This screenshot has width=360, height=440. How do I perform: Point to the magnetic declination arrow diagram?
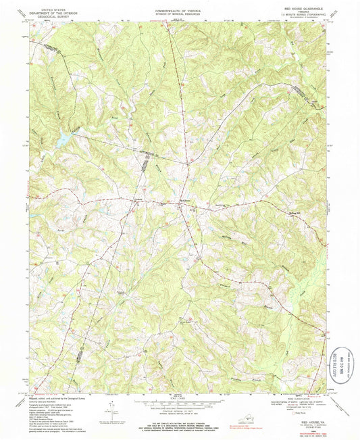coord(110,406)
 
